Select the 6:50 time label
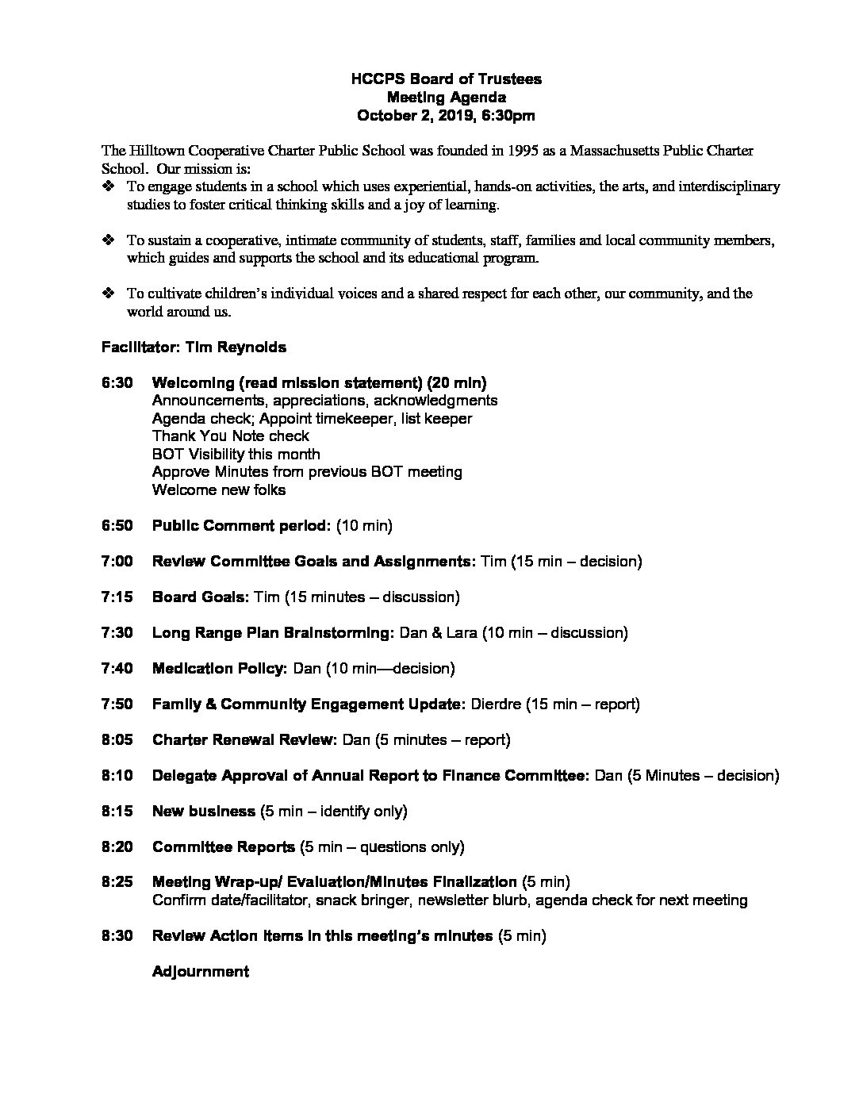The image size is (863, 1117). [x=117, y=525]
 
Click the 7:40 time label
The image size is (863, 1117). [x=117, y=668]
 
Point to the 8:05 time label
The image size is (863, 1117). [x=117, y=739]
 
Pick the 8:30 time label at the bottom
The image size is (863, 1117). [x=117, y=935]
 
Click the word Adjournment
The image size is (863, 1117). [x=200, y=971]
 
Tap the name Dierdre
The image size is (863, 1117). [x=497, y=704]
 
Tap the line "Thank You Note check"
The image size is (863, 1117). [x=230, y=436]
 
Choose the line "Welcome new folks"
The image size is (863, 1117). [x=218, y=489]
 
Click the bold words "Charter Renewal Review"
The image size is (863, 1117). [x=244, y=739]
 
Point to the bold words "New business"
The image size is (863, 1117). [x=203, y=811]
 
